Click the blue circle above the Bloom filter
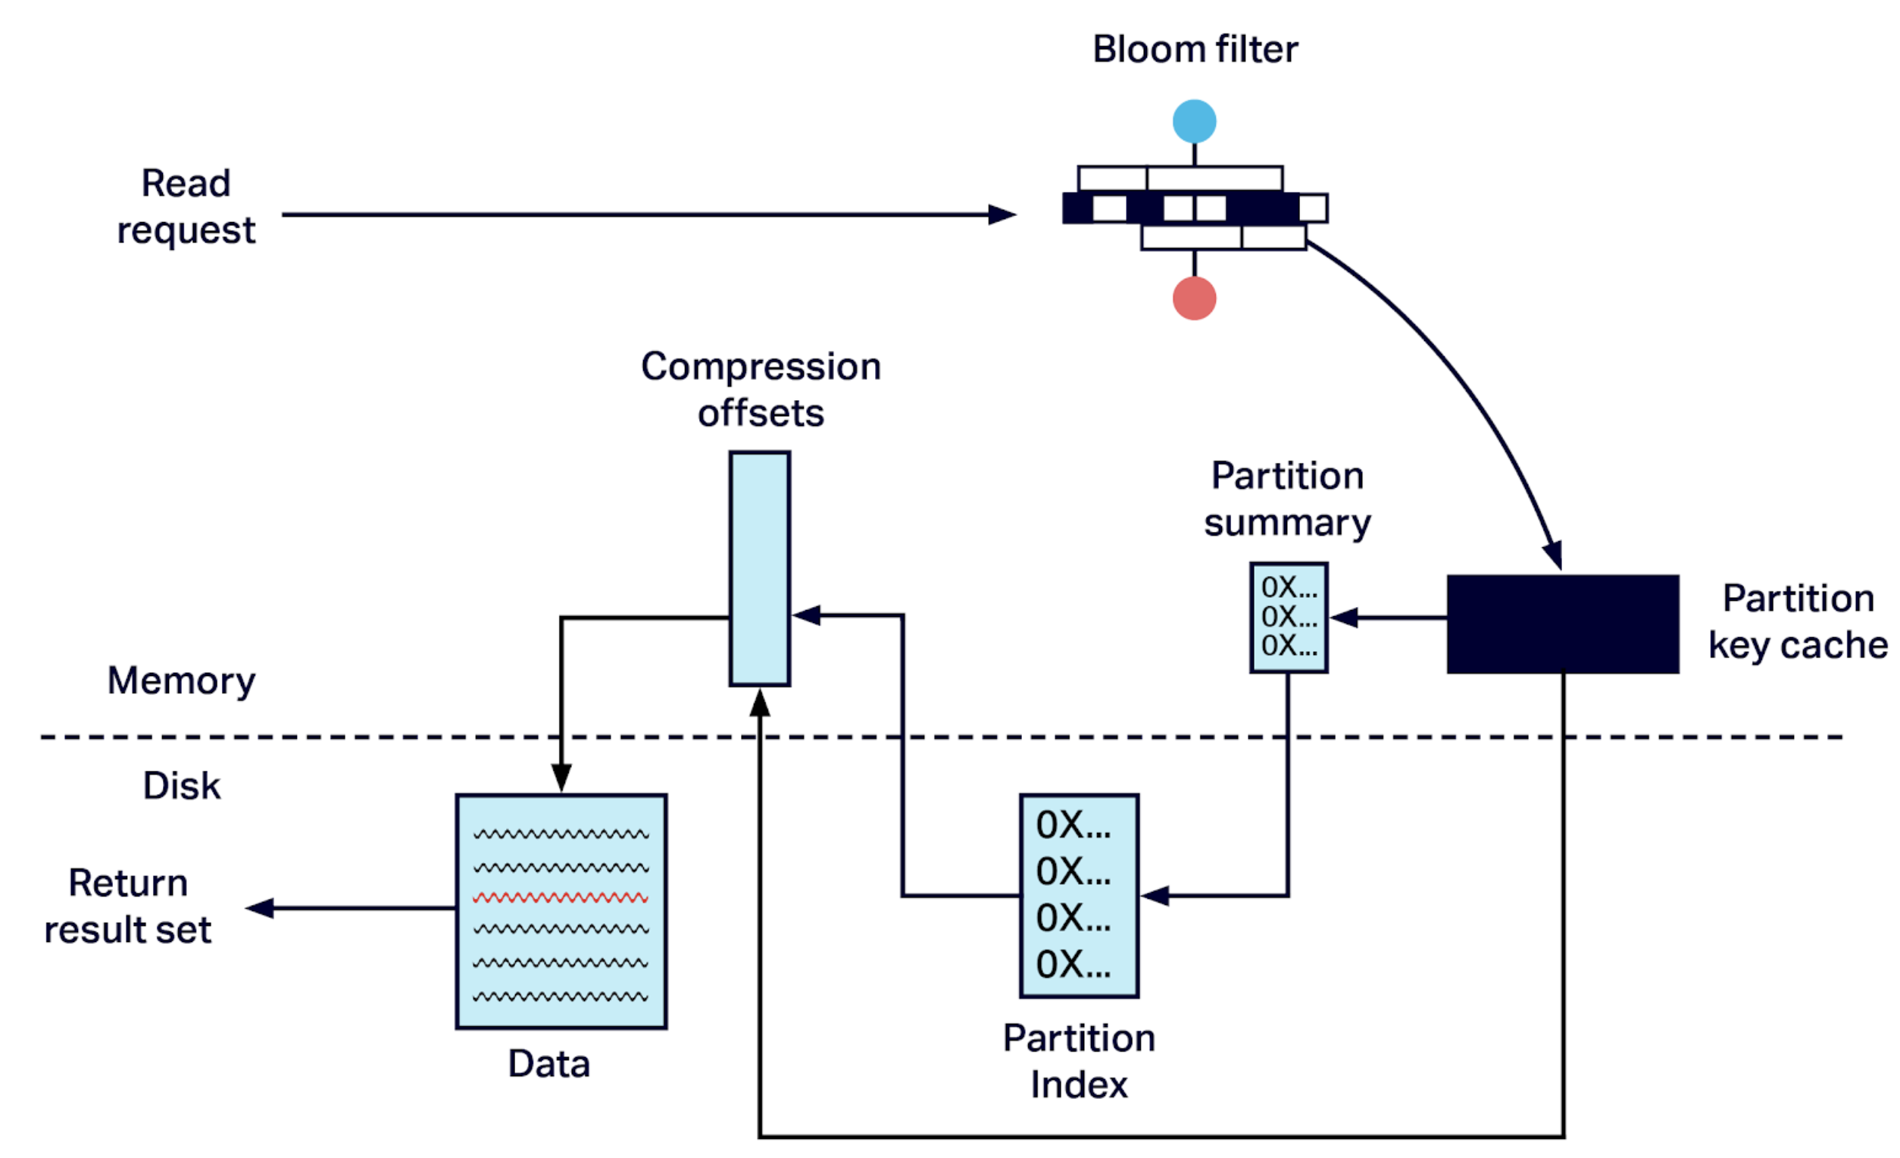point(1195,121)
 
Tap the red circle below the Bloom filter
point(1195,299)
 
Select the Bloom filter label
point(1195,49)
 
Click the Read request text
point(186,207)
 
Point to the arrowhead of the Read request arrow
point(1002,214)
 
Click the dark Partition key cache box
point(1562,624)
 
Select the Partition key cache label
point(1798,621)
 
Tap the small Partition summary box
point(1289,617)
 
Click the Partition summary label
point(1288,499)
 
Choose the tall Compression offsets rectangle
point(760,568)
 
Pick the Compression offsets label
point(761,390)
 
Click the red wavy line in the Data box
point(561,897)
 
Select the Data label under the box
point(549,1064)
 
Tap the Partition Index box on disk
point(1079,896)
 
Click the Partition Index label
point(1079,1062)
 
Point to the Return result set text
point(128,906)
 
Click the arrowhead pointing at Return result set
point(261,908)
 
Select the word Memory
point(181,681)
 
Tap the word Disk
point(182,785)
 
